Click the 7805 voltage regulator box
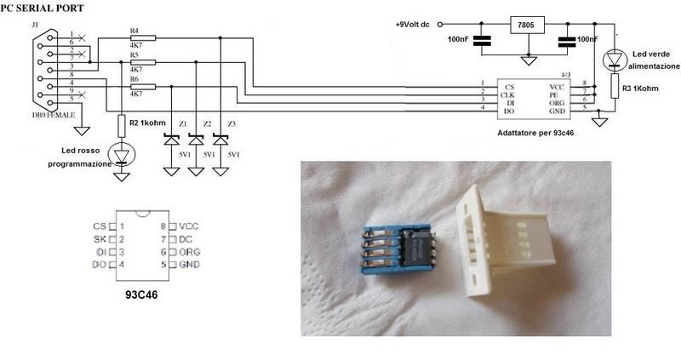tap(528, 26)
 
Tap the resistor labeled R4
tap(144, 37)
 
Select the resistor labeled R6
tap(144, 87)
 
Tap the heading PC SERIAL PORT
tap(42, 7)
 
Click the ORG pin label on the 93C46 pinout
tap(190, 252)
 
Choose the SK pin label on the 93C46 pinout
tap(100, 240)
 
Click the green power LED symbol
tap(615, 60)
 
